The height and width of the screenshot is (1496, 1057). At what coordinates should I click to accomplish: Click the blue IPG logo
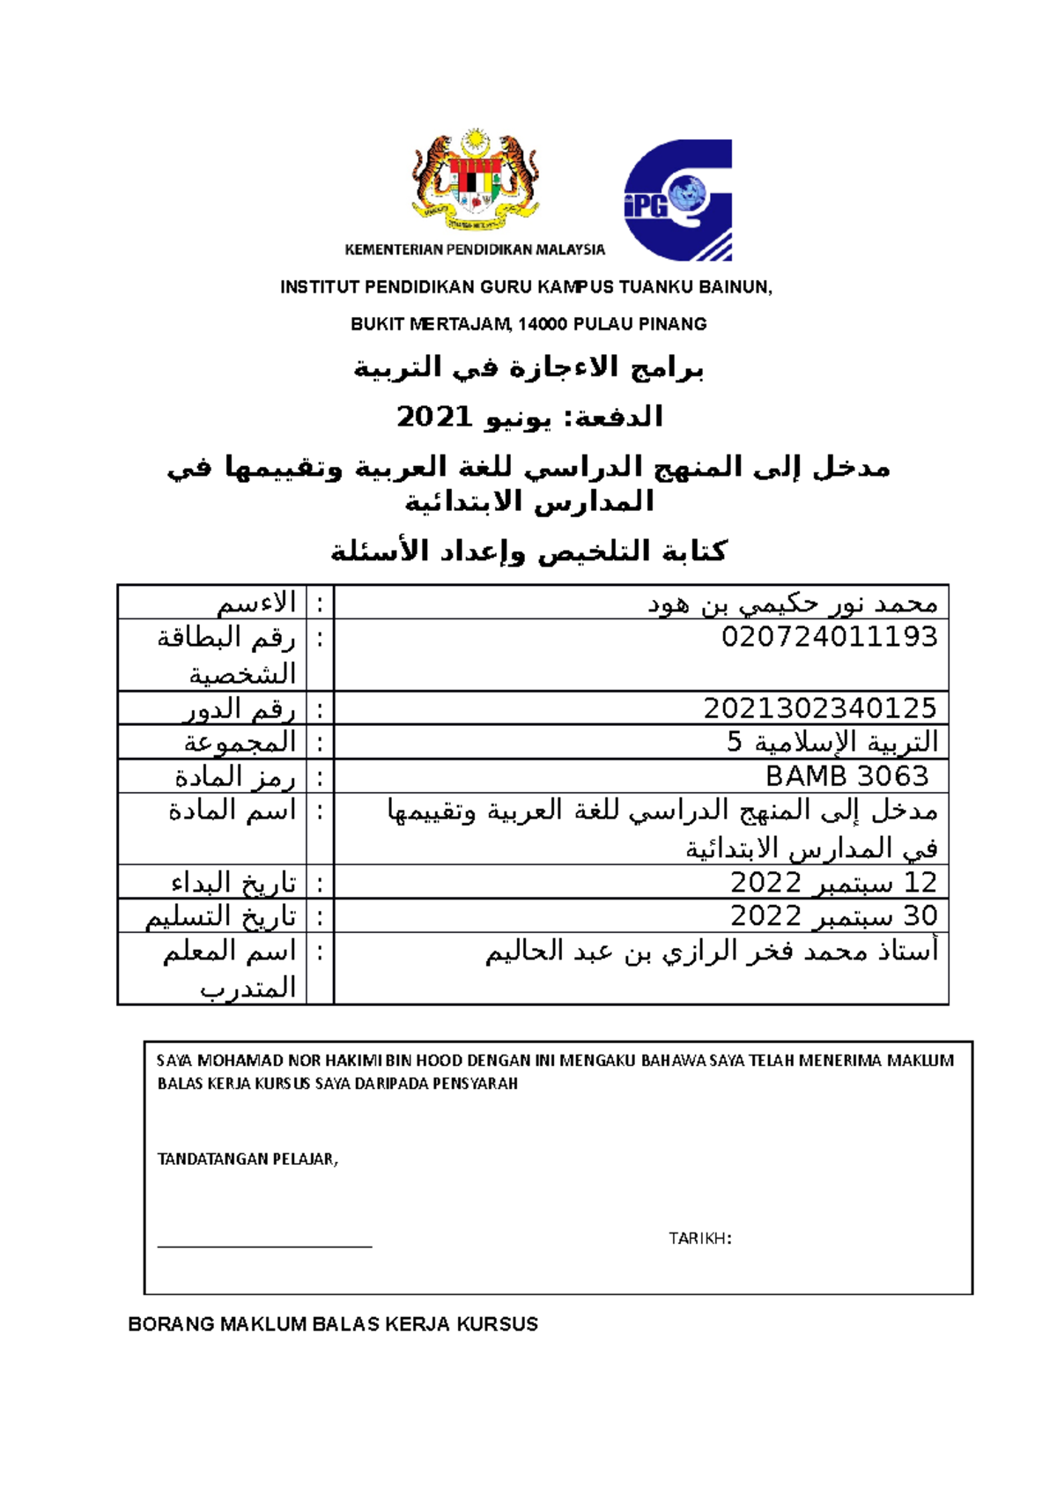(x=678, y=201)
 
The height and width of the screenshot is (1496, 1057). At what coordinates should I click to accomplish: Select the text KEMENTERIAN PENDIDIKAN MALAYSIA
(x=475, y=250)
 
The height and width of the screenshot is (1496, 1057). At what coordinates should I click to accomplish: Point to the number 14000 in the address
(x=542, y=324)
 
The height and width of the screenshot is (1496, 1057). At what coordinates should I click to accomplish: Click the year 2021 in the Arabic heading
(x=434, y=417)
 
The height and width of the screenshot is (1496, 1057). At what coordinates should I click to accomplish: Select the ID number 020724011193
(x=829, y=637)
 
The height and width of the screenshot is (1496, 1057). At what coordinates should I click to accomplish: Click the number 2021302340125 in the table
(x=819, y=708)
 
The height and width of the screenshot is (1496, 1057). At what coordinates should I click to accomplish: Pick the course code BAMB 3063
(x=846, y=776)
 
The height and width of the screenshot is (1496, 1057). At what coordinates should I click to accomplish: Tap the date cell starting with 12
(x=833, y=882)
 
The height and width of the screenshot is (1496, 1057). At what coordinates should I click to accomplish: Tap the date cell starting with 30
(x=833, y=916)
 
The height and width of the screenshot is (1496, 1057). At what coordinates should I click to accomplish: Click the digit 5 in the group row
(x=735, y=743)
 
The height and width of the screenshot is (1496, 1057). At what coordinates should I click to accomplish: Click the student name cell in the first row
(x=792, y=604)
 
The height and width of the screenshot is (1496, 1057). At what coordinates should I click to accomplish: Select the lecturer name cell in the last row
(x=712, y=952)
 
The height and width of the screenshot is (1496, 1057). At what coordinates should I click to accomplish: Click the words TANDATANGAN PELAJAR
(x=247, y=1159)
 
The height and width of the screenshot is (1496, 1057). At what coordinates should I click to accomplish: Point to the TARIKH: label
(x=700, y=1239)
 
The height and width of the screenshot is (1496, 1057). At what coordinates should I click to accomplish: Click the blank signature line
(x=264, y=1245)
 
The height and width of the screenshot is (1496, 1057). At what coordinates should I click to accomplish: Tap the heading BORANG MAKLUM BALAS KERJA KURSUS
(x=333, y=1324)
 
